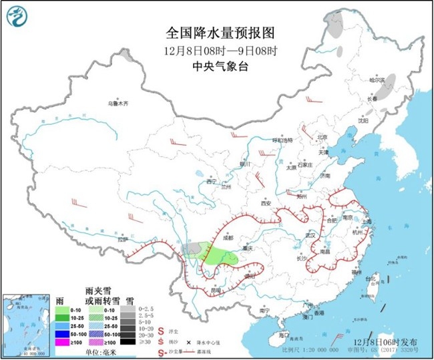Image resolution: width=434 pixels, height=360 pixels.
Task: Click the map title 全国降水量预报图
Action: [220, 33]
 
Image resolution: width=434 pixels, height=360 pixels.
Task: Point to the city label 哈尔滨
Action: [379, 79]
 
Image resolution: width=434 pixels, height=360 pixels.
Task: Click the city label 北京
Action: [322, 137]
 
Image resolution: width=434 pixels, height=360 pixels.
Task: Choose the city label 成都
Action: [228, 237]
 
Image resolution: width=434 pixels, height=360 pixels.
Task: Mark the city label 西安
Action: [268, 202]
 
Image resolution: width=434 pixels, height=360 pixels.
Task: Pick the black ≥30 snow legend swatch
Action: [127, 341]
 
